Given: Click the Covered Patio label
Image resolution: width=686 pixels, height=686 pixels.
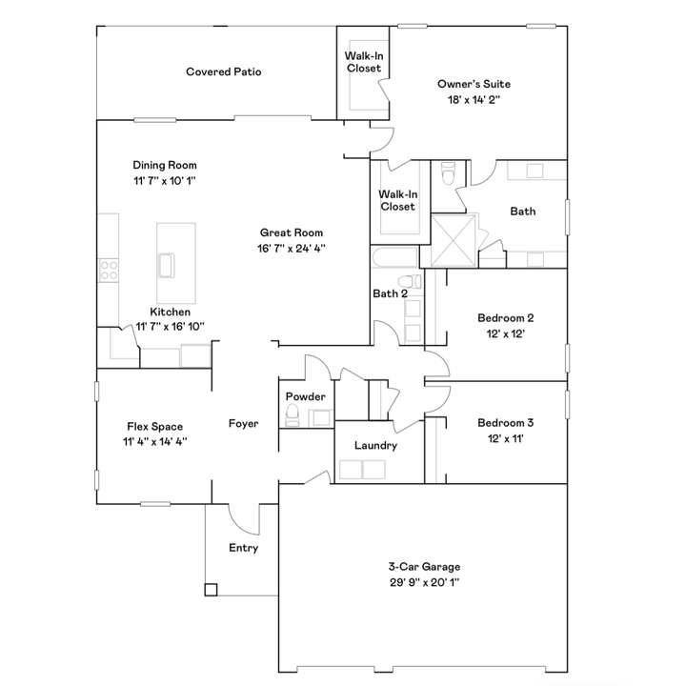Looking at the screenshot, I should click(x=223, y=71).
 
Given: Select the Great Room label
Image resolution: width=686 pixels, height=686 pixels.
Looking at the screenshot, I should click(x=292, y=232).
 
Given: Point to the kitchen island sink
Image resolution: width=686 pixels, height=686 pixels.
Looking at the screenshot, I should click(x=167, y=263).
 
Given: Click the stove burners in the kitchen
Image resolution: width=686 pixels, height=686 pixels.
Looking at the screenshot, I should click(x=108, y=270).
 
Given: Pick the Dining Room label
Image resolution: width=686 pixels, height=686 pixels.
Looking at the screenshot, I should click(x=165, y=165).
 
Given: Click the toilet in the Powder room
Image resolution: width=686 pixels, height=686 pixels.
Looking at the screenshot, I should click(x=293, y=414).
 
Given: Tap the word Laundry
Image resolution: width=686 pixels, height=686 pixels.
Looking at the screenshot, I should click(x=375, y=446).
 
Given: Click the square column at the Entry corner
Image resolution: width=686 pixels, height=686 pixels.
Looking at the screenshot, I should click(x=211, y=589).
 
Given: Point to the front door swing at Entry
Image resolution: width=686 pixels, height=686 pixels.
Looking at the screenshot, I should click(x=243, y=519).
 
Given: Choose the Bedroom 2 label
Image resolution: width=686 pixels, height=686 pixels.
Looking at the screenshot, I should click(x=505, y=318).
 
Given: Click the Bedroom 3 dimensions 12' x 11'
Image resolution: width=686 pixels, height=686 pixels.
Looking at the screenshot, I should click(x=505, y=438).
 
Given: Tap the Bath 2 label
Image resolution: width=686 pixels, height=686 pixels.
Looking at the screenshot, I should click(x=390, y=293).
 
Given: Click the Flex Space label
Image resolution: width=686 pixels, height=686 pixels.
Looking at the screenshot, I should click(x=154, y=427).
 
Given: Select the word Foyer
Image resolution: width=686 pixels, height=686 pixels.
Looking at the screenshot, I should click(x=244, y=423).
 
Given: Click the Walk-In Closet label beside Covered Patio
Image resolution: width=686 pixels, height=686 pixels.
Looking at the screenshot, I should click(x=363, y=62).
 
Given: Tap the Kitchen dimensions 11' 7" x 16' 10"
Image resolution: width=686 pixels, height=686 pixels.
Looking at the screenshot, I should click(x=170, y=327).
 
